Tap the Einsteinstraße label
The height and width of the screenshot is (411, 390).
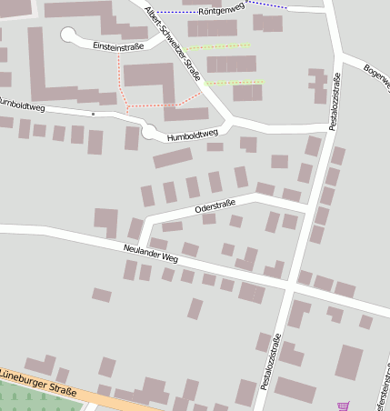point(119,45)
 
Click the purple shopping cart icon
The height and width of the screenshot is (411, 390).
point(342,406)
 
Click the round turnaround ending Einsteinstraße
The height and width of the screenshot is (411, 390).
point(69,35)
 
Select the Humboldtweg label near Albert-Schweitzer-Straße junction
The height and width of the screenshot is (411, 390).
point(193,136)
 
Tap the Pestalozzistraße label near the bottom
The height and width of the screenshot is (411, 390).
point(270,362)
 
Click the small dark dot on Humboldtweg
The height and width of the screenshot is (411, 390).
point(93,115)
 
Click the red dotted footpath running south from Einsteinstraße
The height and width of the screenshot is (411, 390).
point(118,77)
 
